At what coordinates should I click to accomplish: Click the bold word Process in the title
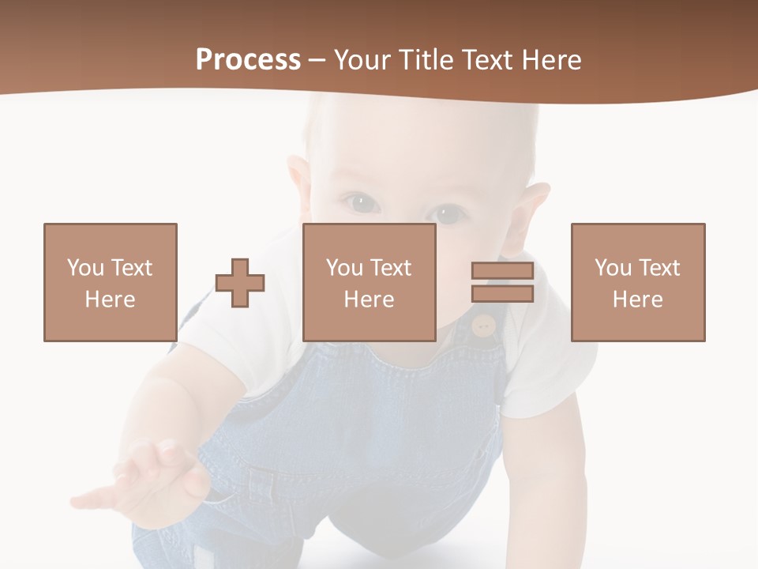tap(248, 60)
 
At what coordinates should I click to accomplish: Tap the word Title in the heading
tap(426, 60)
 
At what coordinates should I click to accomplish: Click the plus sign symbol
tap(240, 282)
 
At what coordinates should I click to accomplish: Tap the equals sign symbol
tap(502, 282)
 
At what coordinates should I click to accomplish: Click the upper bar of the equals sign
tap(502, 271)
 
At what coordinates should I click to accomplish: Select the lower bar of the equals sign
tap(502, 293)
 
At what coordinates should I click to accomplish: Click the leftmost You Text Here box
tap(110, 282)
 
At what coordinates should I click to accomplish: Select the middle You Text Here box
tap(369, 282)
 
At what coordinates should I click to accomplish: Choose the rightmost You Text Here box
tap(637, 282)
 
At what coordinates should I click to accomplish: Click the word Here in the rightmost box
tap(637, 300)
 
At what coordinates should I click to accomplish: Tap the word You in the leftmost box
tap(84, 267)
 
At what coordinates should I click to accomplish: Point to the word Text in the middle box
tap(390, 267)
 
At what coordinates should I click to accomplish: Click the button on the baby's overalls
tap(482, 324)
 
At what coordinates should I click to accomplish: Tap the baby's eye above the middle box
tap(361, 203)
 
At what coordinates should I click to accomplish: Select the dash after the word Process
tap(317, 60)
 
